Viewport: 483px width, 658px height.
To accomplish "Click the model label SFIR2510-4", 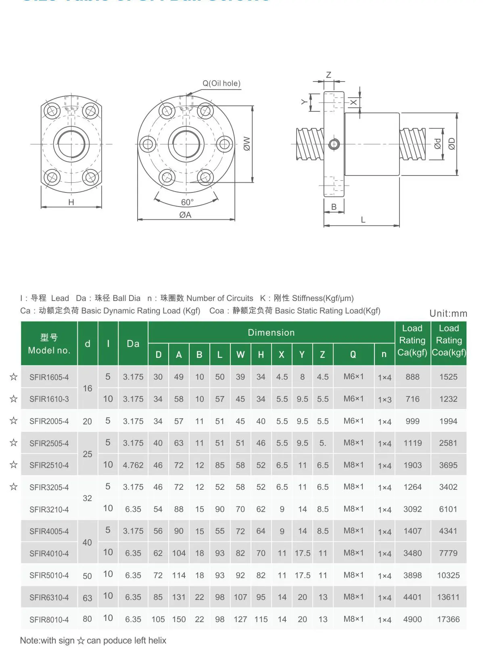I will (49, 465).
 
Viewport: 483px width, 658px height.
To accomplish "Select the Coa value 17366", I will (448, 619).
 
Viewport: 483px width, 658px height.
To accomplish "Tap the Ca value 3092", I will (412, 509).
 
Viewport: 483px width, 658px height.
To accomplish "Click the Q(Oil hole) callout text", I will (221, 84).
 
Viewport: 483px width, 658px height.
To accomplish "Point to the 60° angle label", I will (187, 202).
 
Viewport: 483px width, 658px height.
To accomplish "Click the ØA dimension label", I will (185, 215).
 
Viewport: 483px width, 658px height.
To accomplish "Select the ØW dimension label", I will (247, 144).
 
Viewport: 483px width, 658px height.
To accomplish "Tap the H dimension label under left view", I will (71, 202).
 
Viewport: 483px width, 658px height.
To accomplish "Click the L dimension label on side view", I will (363, 220).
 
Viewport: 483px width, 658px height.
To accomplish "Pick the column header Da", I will (133, 344).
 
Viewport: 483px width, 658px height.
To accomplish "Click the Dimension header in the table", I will (271, 332).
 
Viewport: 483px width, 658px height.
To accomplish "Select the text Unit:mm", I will (448, 313).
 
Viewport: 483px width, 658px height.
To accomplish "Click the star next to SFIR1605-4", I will (14, 377).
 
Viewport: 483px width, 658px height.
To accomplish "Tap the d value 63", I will (88, 598).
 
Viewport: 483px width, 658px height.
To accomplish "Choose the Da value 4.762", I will (133, 465).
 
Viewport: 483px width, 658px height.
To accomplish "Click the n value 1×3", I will (385, 399).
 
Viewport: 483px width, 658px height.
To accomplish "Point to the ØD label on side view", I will (452, 144).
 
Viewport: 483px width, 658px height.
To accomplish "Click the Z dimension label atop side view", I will (328, 75).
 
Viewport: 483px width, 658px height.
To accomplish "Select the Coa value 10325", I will (448, 575).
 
